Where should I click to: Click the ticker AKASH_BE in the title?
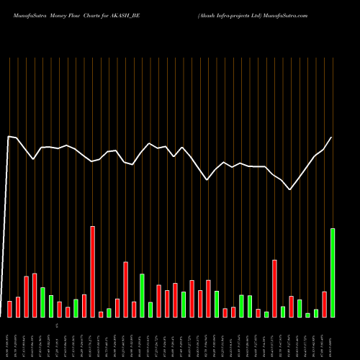[136, 14]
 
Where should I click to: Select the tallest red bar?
[92, 271]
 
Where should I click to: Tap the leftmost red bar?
[10, 309]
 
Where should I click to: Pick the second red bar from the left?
[18, 307]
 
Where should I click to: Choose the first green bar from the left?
[42, 302]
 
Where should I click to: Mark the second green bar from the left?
[51, 306]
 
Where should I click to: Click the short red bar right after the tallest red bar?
[101, 314]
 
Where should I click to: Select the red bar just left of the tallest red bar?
[84, 305]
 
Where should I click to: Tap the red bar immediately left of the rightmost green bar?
[325, 304]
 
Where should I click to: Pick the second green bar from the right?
[316, 312]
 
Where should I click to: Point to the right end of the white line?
[332, 138]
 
